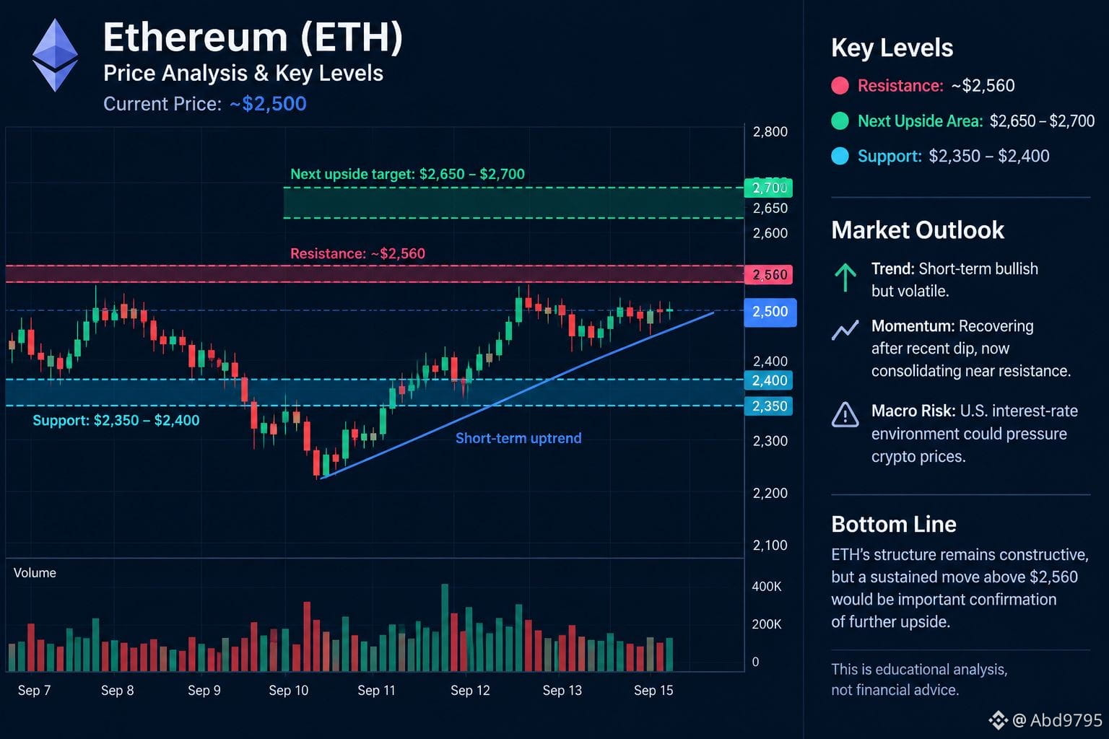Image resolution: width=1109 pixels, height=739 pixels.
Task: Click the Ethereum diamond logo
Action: [x=55, y=55]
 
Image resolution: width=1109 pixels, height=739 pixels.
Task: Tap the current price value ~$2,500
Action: [x=268, y=104]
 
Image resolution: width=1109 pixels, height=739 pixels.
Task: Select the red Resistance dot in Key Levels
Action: [x=840, y=86]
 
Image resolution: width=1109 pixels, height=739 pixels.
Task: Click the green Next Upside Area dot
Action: [x=840, y=121]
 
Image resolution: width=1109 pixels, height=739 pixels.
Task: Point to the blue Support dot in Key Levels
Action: [x=840, y=156]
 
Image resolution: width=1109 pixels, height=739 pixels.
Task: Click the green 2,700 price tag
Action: [x=768, y=188]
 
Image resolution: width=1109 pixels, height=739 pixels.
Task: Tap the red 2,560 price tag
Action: [x=768, y=275]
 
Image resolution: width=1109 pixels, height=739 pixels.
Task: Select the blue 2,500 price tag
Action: [x=770, y=312]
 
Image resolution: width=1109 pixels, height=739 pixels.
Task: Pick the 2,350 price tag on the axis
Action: [x=768, y=406]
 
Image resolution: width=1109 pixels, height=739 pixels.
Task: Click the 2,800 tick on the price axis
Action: [x=770, y=131]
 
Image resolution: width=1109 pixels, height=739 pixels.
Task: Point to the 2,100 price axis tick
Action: [x=770, y=545]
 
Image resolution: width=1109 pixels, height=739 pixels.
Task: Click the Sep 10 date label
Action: [x=288, y=691]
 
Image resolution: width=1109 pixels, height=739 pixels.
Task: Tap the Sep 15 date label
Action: [x=653, y=691]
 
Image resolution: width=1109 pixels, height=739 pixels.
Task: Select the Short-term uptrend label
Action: [x=518, y=438]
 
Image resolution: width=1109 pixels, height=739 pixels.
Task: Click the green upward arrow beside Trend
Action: [x=845, y=276]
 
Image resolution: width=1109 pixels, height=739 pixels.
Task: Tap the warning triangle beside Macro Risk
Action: [x=845, y=414]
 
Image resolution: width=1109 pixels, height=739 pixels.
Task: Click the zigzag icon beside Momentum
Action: [x=845, y=330]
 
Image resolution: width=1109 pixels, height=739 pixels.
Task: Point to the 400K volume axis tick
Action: [x=766, y=587]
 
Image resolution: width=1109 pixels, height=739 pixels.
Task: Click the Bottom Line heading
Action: [x=894, y=524]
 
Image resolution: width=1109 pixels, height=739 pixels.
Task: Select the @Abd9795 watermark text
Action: [x=1057, y=720]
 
